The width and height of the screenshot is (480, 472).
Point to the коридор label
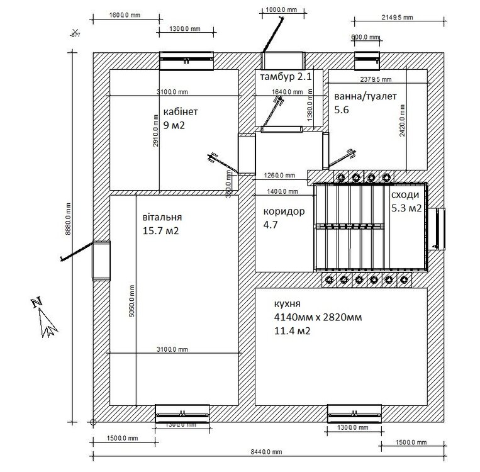pos(284,211)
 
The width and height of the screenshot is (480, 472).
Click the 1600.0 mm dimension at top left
pos(123,14)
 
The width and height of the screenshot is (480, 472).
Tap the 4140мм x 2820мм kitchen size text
pos(318,317)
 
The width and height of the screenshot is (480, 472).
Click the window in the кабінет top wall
pos(186,60)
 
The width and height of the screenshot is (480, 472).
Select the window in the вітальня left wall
pos(101,261)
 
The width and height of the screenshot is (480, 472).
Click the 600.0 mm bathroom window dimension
pos(364,37)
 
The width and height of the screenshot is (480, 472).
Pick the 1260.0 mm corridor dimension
pos(279,176)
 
